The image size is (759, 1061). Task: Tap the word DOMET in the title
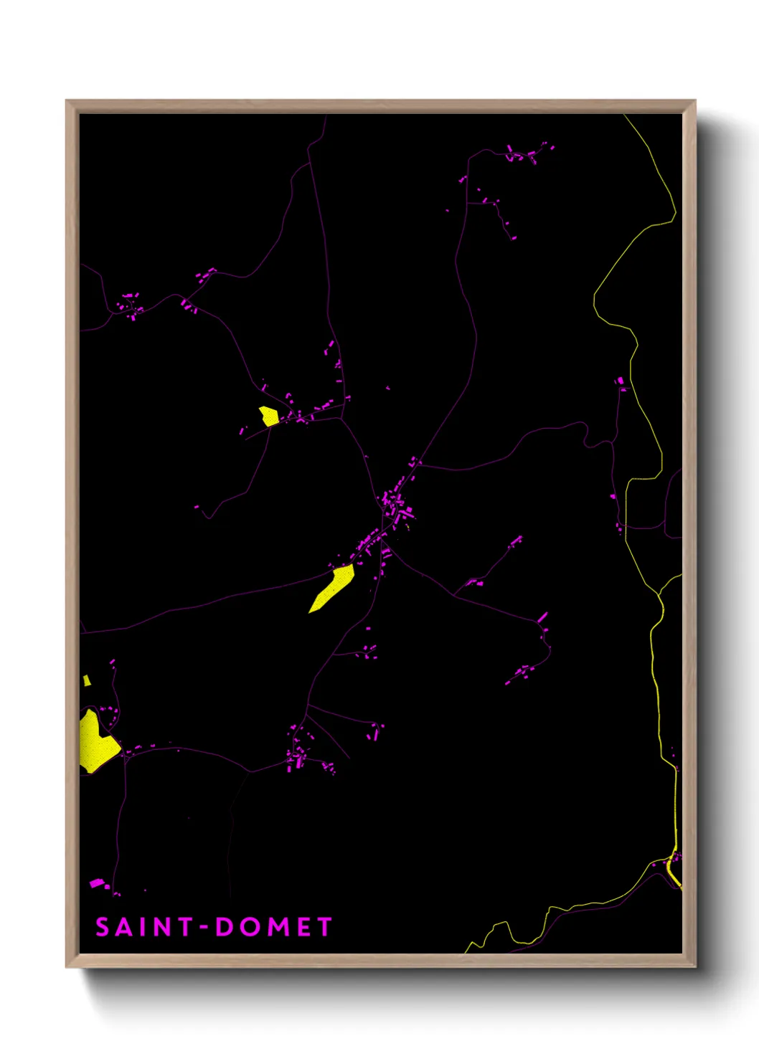click(x=273, y=927)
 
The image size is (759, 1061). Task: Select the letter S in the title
click(x=103, y=927)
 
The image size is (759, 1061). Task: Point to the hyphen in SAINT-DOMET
click(x=204, y=928)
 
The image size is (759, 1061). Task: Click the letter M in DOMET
click(x=276, y=927)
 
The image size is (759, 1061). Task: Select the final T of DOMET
click(x=325, y=927)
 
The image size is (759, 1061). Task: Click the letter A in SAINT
click(x=124, y=927)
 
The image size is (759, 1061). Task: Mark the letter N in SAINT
click(x=163, y=927)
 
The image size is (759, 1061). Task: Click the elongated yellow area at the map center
click(x=332, y=589)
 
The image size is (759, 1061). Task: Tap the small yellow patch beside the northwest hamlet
click(x=269, y=416)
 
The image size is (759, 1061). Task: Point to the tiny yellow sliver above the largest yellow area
click(x=87, y=680)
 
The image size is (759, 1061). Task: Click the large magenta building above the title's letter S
click(x=97, y=883)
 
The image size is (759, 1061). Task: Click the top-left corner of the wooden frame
click(x=67, y=101)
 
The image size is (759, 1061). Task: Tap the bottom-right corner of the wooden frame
click(x=694, y=966)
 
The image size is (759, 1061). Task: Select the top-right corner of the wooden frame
click(x=694, y=101)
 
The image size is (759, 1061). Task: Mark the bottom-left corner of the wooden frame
click(x=67, y=966)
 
